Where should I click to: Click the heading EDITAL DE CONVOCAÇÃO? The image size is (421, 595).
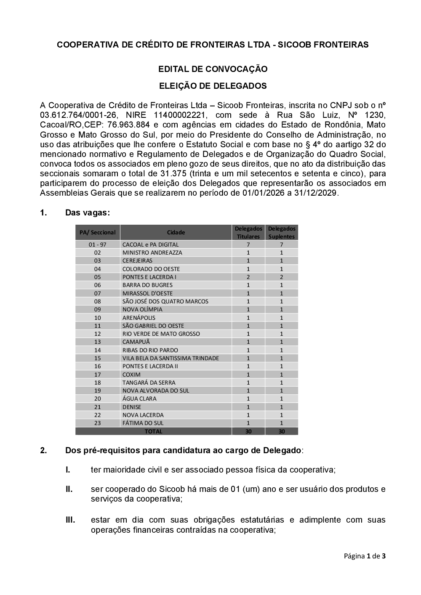point(213,69)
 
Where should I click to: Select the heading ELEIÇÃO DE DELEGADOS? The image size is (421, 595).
point(213,86)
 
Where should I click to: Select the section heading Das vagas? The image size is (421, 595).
point(87,212)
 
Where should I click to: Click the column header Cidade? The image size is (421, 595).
point(176,232)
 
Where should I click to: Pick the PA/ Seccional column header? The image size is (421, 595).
point(98,232)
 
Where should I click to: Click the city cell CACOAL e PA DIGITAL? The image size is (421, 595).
point(150,244)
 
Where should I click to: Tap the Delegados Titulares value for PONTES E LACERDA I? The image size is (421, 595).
point(248,277)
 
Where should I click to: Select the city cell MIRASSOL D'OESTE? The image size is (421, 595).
point(147,293)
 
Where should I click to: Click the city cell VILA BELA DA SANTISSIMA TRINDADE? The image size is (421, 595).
point(171,358)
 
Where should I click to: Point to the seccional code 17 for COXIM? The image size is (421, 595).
point(98,375)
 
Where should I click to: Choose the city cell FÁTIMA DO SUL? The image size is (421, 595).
point(143,423)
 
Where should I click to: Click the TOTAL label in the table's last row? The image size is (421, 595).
point(153,431)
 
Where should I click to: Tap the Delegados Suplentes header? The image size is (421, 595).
point(282,232)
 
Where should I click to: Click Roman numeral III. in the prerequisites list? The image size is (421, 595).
point(70,520)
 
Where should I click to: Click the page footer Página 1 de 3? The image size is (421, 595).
point(365,556)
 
